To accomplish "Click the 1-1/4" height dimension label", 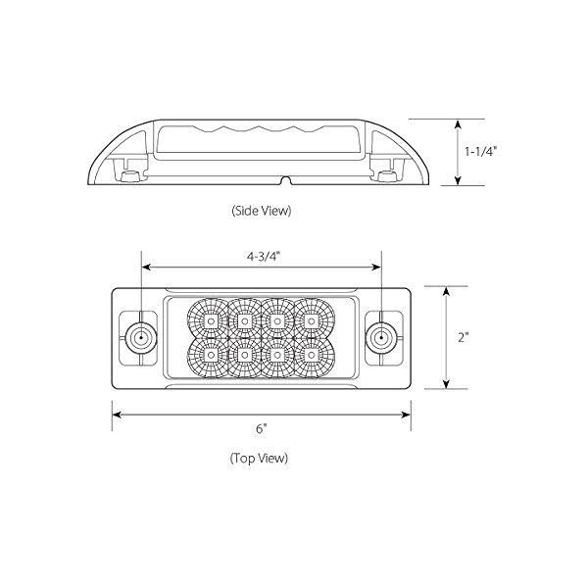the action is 480,152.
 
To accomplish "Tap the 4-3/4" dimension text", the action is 264,257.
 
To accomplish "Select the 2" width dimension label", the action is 464,337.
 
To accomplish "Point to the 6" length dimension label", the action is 262,428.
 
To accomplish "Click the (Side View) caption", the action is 262,211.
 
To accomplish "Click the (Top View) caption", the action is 259,458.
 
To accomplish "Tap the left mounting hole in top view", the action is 141,338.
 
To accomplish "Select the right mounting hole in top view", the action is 381,338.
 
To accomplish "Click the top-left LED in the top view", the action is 211,321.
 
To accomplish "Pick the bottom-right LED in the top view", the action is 311,355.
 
